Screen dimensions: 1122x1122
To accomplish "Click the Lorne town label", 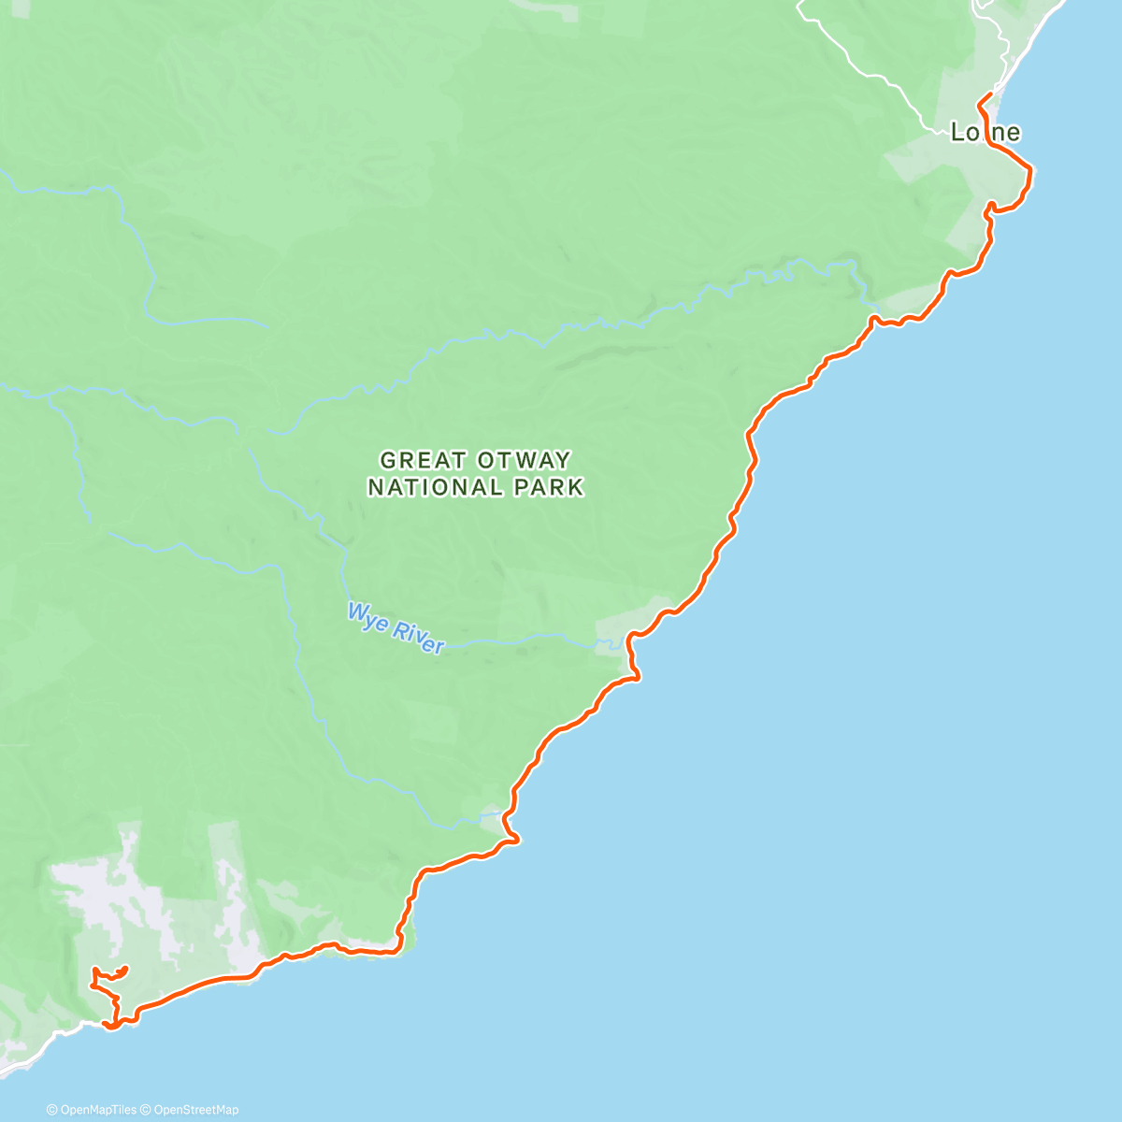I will (985, 133).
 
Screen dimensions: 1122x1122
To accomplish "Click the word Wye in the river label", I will (366, 618).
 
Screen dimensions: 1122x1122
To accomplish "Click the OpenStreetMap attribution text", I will (189, 1110).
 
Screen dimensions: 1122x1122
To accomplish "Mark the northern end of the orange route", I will (989, 96).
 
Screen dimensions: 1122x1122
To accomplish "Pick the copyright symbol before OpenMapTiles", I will (51, 1110).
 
